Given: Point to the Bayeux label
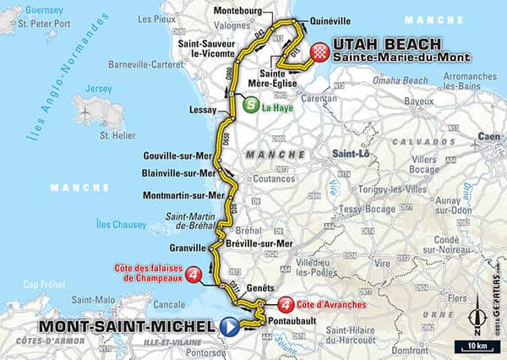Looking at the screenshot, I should [418, 101].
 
